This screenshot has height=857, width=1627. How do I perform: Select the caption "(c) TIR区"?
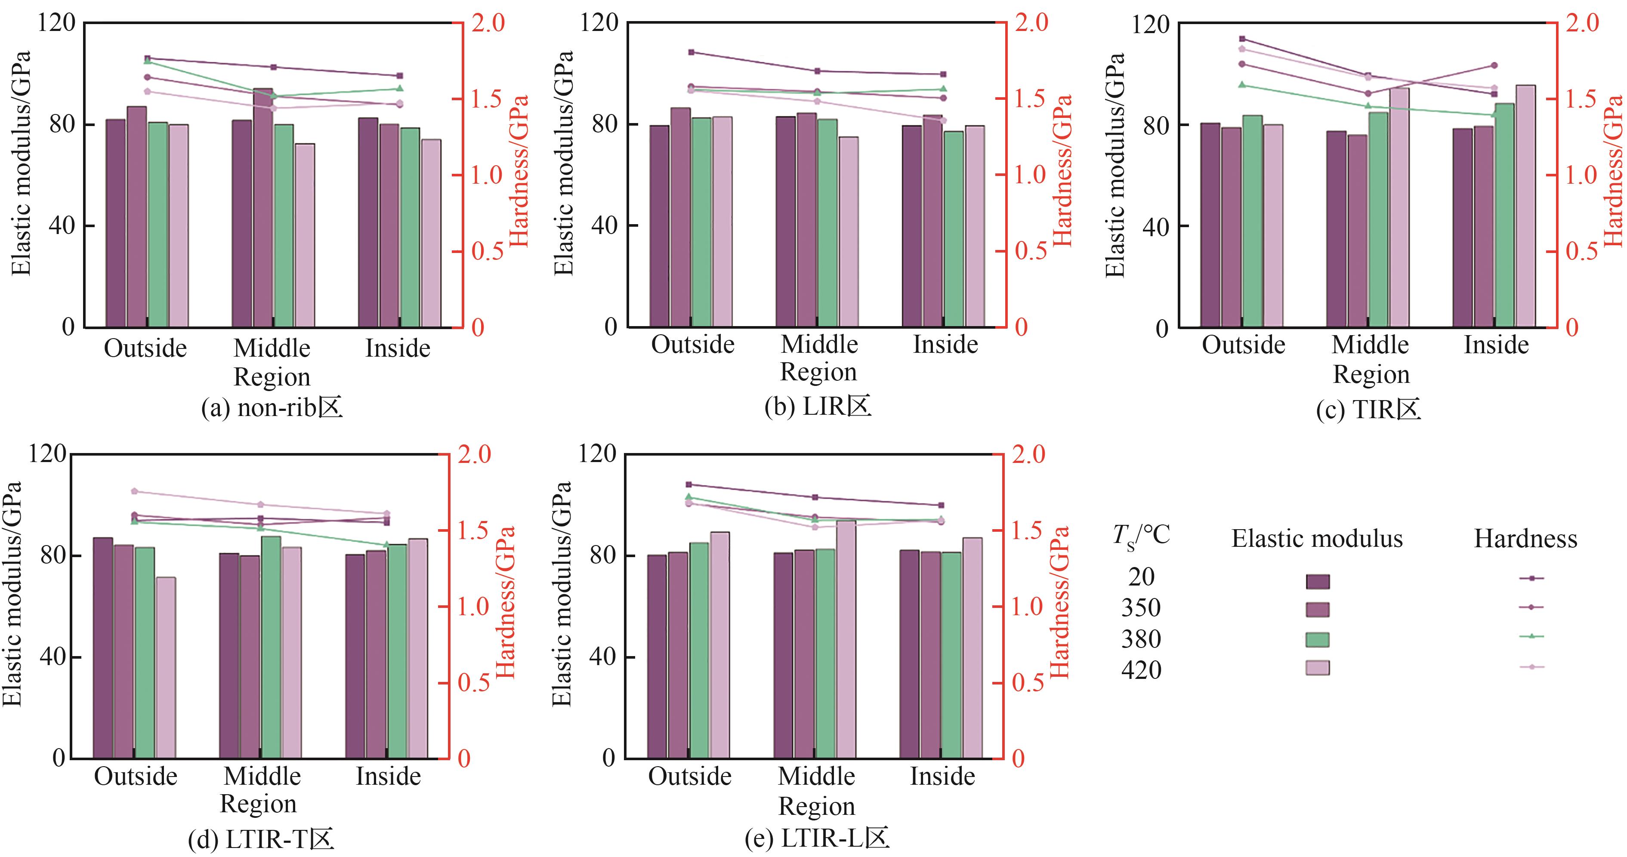click(1369, 410)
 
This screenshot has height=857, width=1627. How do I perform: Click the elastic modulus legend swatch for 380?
click(1318, 640)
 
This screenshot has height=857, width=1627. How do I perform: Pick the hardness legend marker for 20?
click(1531, 578)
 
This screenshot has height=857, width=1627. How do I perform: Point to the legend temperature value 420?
click(1141, 669)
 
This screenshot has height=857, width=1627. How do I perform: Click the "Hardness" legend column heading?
click(1525, 539)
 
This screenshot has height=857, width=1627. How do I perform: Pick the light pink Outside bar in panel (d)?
click(166, 668)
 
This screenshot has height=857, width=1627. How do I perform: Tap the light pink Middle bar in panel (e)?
click(846, 639)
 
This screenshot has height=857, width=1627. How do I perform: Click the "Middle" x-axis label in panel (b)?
click(819, 345)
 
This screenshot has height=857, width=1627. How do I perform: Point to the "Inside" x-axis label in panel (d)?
click(388, 776)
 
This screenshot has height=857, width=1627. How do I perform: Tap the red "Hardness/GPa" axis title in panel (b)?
click(1063, 170)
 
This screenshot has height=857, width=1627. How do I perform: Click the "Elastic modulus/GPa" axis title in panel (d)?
click(13, 594)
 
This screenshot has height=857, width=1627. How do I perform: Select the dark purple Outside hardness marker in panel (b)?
click(691, 52)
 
